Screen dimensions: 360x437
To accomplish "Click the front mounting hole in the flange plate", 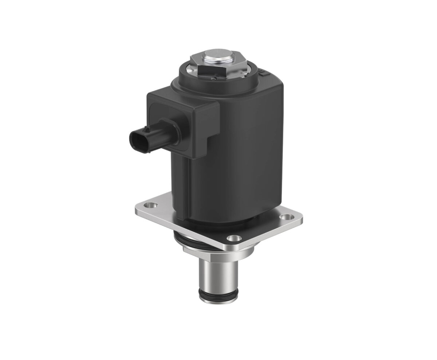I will point(233,239).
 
